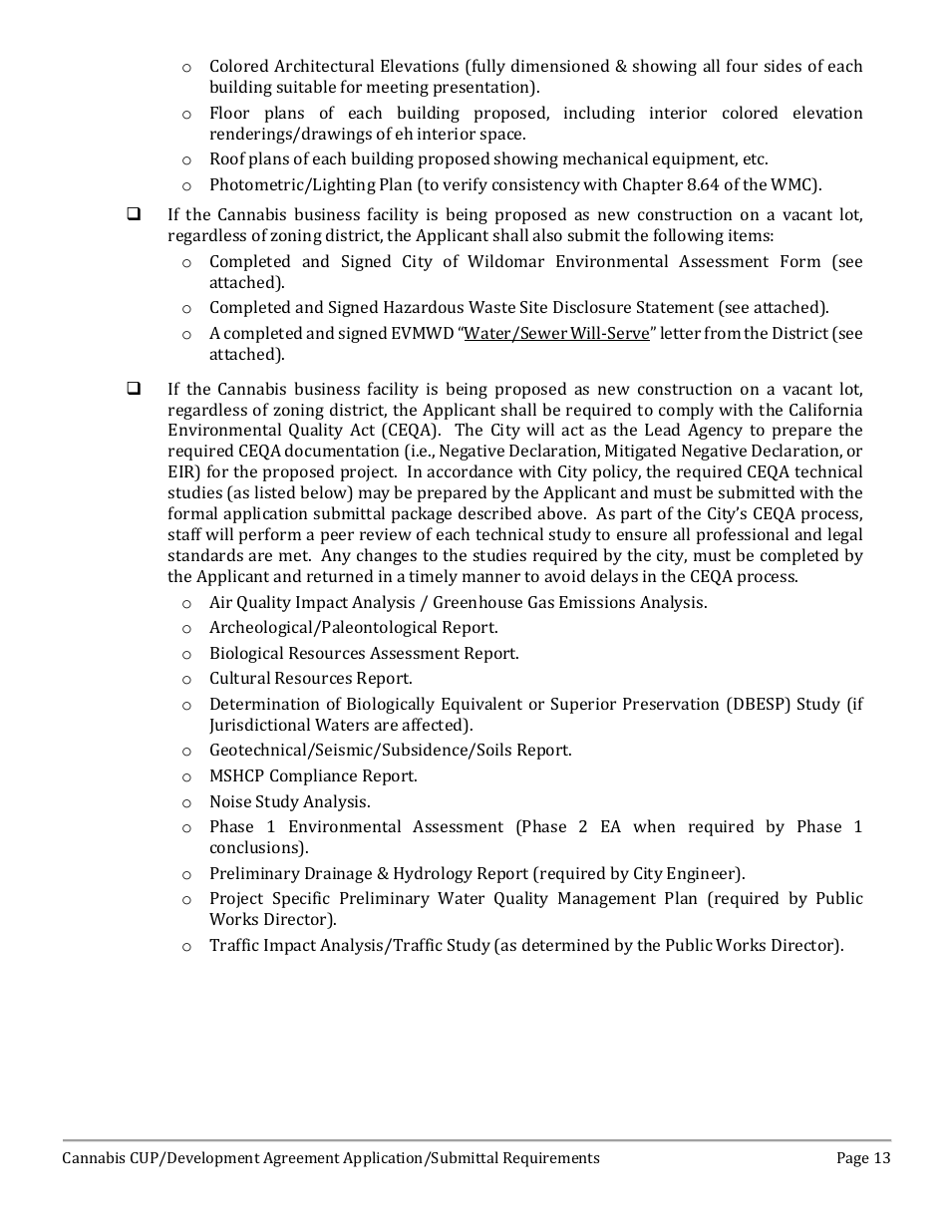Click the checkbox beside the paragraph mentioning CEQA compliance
(x=134, y=389)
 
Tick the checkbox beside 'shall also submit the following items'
(x=134, y=214)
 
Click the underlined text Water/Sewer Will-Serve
(x=556, y=333)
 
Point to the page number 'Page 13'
(x=863, y=1158)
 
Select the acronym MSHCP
(x=238, y=775)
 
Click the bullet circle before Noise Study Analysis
(x=186, y=802)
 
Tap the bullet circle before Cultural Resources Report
(x=186, y=679)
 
